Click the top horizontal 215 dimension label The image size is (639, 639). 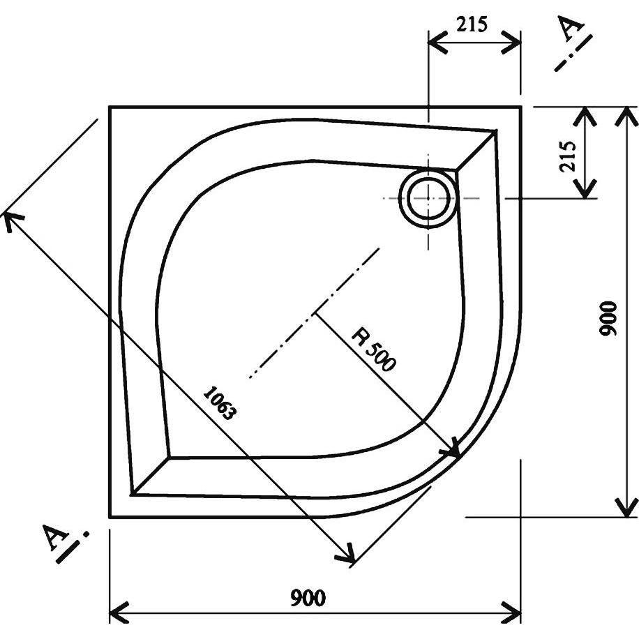(472, 24)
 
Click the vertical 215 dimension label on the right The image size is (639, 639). (567, 156)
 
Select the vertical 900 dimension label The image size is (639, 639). (608, 318)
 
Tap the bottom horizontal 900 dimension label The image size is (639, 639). (308, 598)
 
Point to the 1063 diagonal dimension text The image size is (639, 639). (220, 403)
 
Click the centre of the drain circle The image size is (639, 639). (428, 198)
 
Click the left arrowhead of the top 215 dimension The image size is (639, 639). (437, 42)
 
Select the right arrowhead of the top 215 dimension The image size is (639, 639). (511, 42)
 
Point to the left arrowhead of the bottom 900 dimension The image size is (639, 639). (119, 612)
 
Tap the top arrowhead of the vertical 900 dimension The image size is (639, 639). (626, 116)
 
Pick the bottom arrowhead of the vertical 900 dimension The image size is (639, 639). (626, 507)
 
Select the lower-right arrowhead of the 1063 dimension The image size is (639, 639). (345, 554)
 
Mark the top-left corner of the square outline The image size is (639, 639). (110, 107)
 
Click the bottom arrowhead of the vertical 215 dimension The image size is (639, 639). (585, 188)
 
